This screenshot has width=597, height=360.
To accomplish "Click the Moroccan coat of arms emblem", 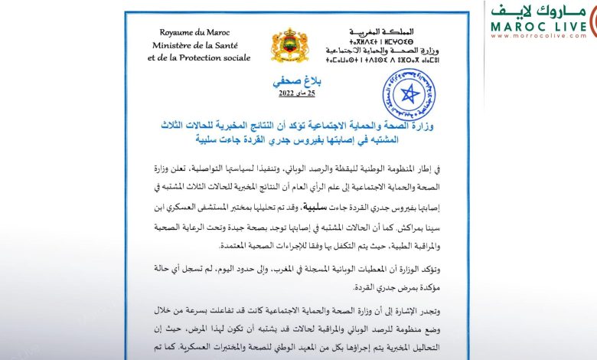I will click(290, 47).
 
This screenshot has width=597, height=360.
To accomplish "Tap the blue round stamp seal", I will click(409, 93).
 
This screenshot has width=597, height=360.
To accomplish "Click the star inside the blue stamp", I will click(409, 94).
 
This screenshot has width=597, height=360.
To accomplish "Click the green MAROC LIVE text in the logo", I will click(540, 25).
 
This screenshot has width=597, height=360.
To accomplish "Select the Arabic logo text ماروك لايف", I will click(542, 10).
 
